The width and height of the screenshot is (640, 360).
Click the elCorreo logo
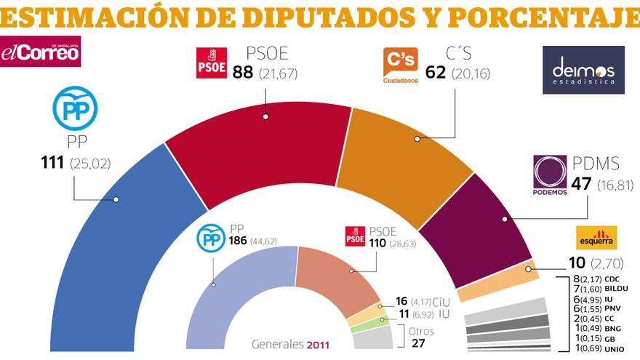click(40, 52)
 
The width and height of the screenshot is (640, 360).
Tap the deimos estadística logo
click(583, 70)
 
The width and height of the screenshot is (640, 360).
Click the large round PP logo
click(74, 107)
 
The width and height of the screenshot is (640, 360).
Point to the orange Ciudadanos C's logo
click(401, 65)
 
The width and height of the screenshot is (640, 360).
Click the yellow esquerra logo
click(596, 237)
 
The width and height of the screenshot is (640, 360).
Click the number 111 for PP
click(53, 164)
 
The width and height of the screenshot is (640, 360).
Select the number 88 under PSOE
click(242, 73)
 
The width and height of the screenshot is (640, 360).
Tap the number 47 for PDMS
click(580, 185)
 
